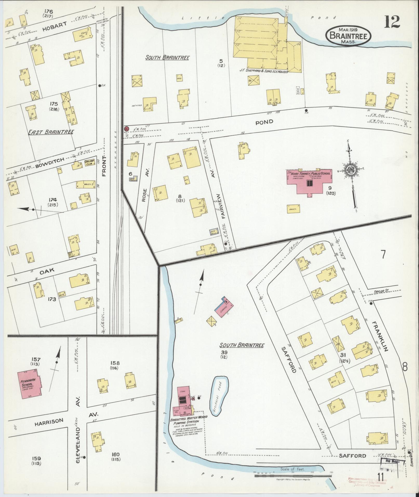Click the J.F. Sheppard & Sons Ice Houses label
coord(264,71)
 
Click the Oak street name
coord(47,270)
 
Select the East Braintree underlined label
coord(51,132)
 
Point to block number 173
coord(52,299)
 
